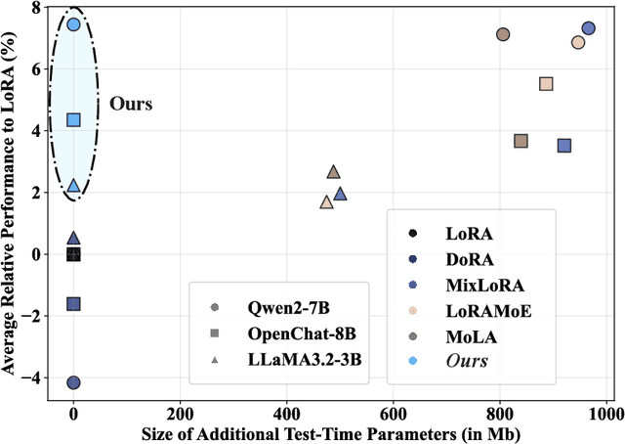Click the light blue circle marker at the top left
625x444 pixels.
(73, 24)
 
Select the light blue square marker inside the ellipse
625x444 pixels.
(73, 119)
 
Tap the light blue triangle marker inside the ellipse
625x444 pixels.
(73, 185)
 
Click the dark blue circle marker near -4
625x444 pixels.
(73, 382)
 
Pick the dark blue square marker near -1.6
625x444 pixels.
(73, 304)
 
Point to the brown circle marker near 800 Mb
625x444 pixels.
(503, 34)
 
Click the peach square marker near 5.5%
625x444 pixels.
(546, 84)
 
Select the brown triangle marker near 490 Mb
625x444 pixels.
(333, 171)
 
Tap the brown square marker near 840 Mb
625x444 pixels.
(521, 141)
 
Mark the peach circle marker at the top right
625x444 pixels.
(578, 42)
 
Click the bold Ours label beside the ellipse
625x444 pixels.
(131, 103)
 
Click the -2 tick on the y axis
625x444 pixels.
(36, 316)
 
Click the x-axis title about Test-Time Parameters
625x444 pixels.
(328, 432)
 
